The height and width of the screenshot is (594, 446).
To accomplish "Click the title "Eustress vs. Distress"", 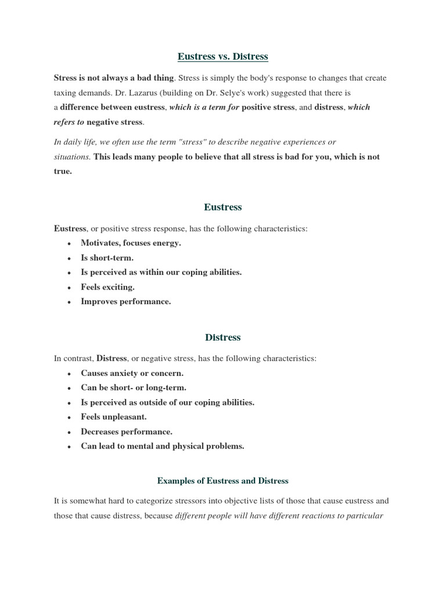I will pos(223,56).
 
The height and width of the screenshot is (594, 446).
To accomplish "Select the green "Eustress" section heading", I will pos(223,207).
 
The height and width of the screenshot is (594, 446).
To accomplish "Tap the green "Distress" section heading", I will pos(223,337).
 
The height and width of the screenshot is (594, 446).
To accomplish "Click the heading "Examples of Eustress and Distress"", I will pos(223,481).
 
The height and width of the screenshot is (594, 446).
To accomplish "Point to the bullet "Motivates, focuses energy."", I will pos(131,243).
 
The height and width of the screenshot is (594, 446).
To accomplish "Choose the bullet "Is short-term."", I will pos(107,258).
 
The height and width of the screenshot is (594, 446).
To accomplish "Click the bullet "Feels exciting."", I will pos(107,287).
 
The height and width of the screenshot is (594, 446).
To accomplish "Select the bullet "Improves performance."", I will pos(125,301).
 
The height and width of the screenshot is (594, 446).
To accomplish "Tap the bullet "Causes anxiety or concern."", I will pos(132,373).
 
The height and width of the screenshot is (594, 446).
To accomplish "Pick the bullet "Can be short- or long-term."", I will pos(134,387).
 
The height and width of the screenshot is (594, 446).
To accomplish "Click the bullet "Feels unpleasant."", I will pos(113,416).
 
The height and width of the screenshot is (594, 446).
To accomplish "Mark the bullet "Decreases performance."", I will pos(127,432).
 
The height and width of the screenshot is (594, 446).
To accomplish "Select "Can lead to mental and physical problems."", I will pos(163,446).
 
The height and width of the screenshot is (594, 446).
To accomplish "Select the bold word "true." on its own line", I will pos(63,171).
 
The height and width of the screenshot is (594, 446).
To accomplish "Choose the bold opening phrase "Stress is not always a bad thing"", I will pos(114,78).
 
